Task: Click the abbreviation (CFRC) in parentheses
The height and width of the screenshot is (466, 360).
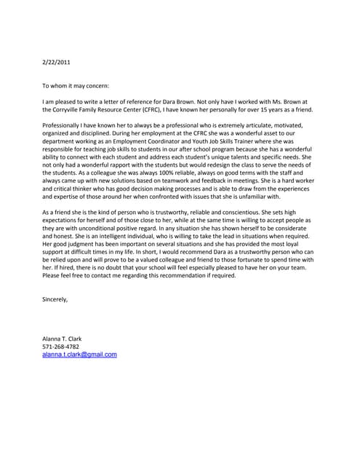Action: click(x=184, y=109)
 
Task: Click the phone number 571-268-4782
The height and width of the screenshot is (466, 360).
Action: click(x=60, y=347)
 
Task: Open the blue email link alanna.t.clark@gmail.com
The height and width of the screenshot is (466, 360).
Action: click(x=79, y=355)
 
